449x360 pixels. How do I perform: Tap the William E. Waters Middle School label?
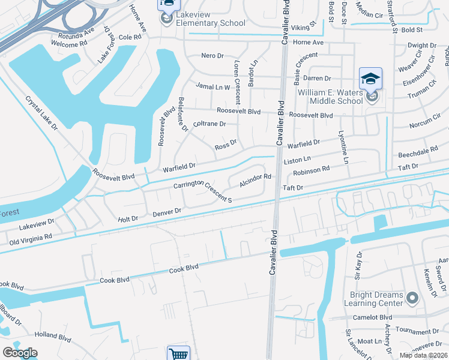330,97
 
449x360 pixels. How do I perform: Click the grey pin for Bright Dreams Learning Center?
412,298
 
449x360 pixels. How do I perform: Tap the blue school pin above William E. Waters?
370,79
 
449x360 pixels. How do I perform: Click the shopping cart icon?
179,354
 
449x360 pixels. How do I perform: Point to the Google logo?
20,353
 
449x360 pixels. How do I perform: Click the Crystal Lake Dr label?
41,114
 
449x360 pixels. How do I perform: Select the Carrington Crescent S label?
202,190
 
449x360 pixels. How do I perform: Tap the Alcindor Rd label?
256,179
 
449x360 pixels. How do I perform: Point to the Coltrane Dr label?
209,124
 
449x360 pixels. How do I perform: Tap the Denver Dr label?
167,212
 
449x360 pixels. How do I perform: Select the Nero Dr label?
212,55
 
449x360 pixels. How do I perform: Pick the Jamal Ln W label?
213,87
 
